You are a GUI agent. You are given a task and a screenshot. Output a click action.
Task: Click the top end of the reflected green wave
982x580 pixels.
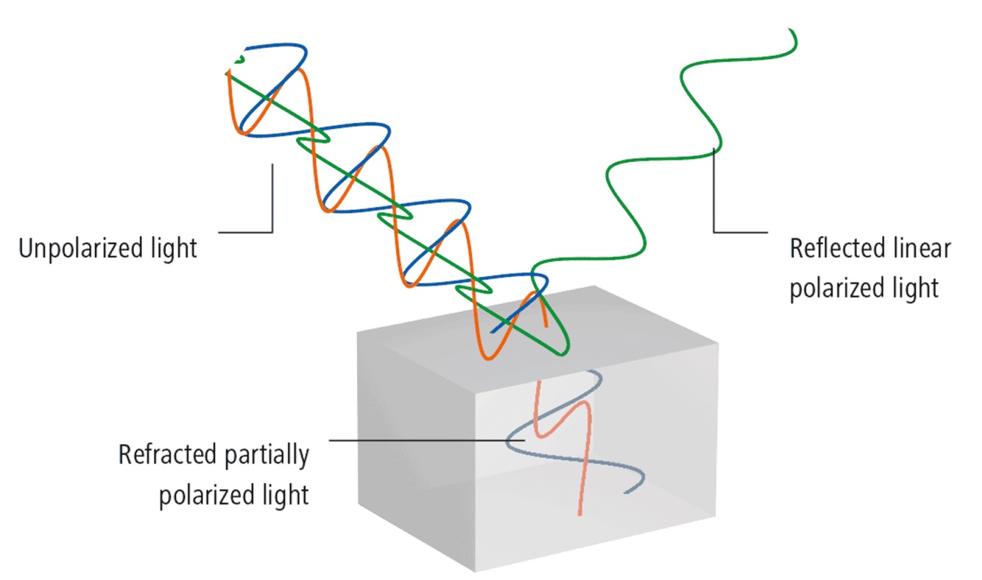(790, 30)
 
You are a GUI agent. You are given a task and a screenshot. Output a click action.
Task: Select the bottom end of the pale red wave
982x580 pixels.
(578, 514)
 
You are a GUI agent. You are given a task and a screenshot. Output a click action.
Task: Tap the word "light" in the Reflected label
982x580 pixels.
(916, 287)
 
